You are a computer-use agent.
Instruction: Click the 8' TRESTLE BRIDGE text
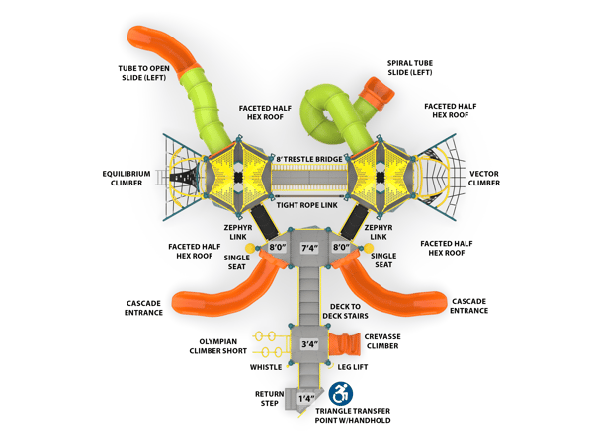[309, 159]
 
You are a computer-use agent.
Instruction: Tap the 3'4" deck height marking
[309, 344]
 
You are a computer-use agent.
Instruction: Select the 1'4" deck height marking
[306, 398]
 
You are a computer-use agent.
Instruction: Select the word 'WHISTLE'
[266, 367]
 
